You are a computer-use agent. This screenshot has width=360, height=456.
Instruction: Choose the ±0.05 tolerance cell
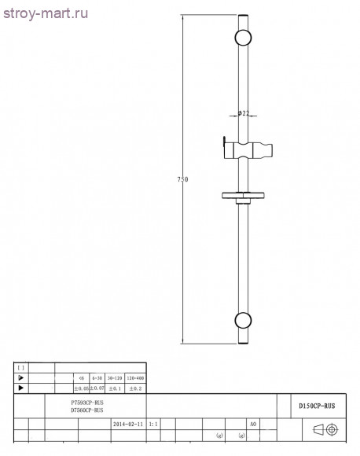click(80, 388)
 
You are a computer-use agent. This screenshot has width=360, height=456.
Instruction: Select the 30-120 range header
click(113, 377)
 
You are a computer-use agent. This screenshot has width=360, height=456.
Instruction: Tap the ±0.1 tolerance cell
click(113, 388)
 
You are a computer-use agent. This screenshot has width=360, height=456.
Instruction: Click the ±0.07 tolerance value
click(97, 388)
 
